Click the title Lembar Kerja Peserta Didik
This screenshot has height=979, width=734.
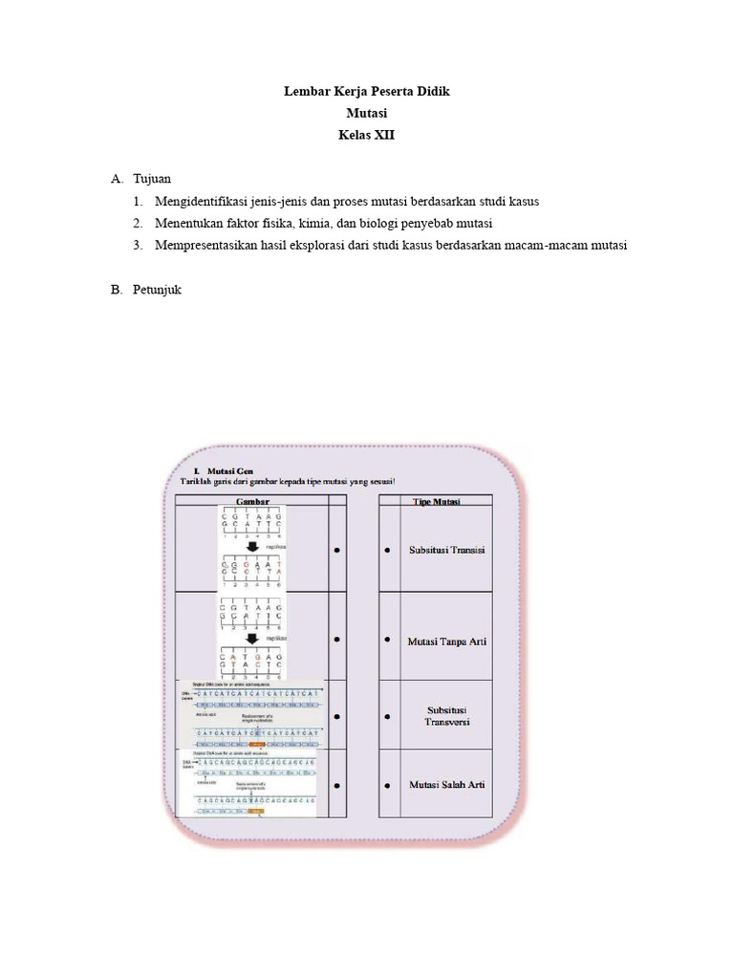[366, 92]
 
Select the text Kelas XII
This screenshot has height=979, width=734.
[366, 136]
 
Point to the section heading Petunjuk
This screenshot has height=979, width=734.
[158, 290]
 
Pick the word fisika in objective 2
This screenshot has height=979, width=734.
[291, 224]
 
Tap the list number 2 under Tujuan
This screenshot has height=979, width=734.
[138, 224]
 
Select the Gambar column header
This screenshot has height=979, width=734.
[252, 500]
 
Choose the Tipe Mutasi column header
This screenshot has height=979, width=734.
[436, 500]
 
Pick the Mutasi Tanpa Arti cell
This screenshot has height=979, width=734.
[447, 641]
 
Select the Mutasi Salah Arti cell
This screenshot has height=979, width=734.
[447, 785]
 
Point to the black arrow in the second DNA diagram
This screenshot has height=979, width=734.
[251, 639]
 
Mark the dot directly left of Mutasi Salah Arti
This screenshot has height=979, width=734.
[387, 786]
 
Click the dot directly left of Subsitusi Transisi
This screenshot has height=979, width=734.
[387, 551]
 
